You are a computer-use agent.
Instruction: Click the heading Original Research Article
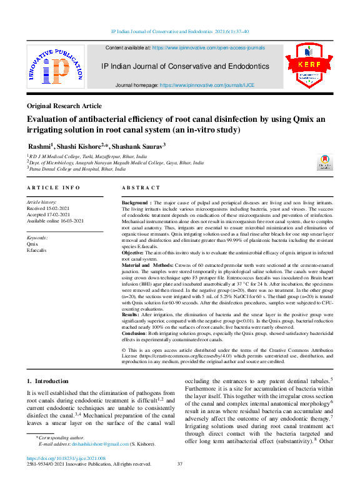[x=64, y=106]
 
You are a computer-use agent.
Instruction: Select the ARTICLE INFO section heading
[x=53, y=187]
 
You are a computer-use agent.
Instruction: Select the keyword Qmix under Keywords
[x=34, y=244]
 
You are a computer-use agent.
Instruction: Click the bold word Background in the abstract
[x=135, y=204]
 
